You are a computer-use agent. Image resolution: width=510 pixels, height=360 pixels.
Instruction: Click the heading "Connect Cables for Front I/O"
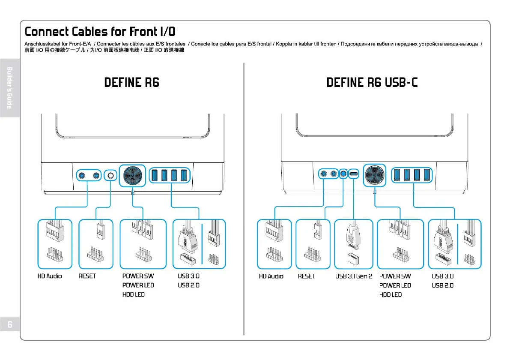pyautogui.click(x=100, y=32)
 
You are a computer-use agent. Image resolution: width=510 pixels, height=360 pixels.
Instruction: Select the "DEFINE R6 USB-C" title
pyautogui.click(x=372, y=82)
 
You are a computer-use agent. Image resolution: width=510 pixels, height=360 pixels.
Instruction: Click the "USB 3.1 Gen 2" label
pyautogui.click(x=354, y=276)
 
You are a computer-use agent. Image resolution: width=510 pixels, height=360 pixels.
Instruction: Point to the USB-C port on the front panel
pyautogui.click(x=354, y=174)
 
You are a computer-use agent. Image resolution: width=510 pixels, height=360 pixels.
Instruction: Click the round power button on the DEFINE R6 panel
pyautogui.click(x=132, y=175)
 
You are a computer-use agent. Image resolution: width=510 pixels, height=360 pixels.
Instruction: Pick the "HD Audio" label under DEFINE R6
pyautogui.click(x=49, y=276)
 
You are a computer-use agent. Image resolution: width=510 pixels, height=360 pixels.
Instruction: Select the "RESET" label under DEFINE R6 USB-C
pyautogui.click(x=306, y=276)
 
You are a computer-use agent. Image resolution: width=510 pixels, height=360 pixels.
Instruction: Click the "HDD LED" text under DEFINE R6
pyautogui.click(x=133, y=294)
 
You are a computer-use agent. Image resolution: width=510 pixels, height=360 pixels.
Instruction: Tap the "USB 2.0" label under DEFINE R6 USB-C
pyautogui.click(x=442, y=285)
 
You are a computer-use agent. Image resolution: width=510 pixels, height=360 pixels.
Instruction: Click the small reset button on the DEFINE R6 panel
pyautogui.click(x=111, y=175)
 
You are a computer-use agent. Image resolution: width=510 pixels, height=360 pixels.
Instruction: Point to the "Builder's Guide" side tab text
pyautogui.click(x=9, y=87)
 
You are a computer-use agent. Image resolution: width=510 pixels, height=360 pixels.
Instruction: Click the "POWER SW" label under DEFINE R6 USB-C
pyautogui.click(x=395, y=276)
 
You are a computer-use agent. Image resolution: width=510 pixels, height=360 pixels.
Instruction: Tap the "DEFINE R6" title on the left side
pyautogui.click(x=131, y=82)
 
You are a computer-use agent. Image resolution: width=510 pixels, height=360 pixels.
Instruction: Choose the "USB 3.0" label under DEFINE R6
pyautogui.click(x=188, y=276)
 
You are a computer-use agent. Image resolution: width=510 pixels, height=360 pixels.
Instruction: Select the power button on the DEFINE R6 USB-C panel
pyautogui.click(x=375, y=175)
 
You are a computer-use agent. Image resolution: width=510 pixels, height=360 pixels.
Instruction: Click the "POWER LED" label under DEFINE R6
pyautogui.click(x=138, y=285)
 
